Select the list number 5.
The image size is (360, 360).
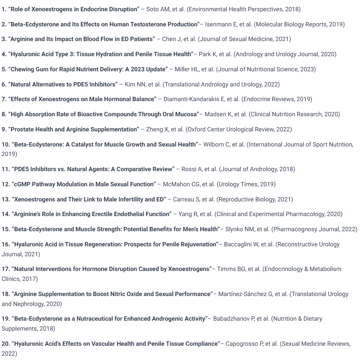tap(4, 69)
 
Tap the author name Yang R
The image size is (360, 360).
tap(187, 214)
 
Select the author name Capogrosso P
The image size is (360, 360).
tap(248, 344)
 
